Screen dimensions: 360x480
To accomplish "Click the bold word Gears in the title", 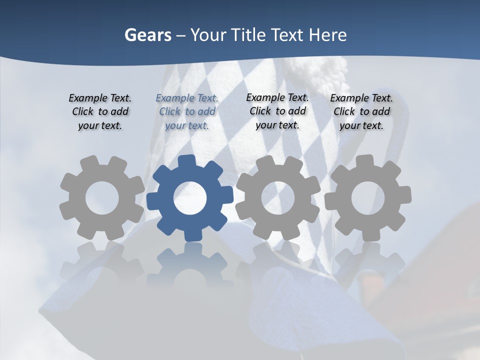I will (x=147, y=35).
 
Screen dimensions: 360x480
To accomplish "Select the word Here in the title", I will (x=327, y=35).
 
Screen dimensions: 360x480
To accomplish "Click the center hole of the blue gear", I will (x=190, y=198).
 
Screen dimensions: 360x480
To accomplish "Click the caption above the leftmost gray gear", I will (x=100, y=111).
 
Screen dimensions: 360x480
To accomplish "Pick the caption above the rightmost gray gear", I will (x=361, y=111).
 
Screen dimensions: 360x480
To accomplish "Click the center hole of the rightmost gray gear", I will (x=368, y=197).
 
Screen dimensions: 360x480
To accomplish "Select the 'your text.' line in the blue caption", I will (x=187, y=125).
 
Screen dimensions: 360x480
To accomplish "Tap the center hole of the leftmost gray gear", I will (x=102, y=198).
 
